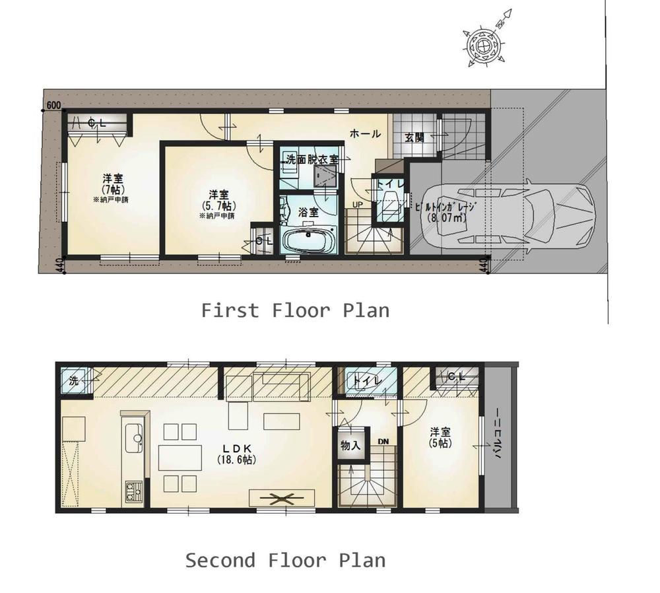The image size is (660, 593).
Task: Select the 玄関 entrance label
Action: (x=414, y=138)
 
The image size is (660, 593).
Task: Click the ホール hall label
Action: (x=365, y=133)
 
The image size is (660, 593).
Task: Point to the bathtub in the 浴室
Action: (x=310, y=240)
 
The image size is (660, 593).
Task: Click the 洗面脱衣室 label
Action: (x=312, y=159)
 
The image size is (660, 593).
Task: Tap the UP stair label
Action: (x=357, y=204)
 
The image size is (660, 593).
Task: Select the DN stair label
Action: (x=383, y=440)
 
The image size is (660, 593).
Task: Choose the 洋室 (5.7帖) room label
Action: (x=218, y=200)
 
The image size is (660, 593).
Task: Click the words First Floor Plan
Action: (x=295, y=310)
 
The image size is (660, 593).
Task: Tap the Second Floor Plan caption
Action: (x=285, y=561)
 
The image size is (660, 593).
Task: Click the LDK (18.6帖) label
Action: (x=236, y=452)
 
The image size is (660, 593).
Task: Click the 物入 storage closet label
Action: (x=351, y=446)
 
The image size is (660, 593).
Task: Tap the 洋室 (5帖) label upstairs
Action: (x=440, y=437)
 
